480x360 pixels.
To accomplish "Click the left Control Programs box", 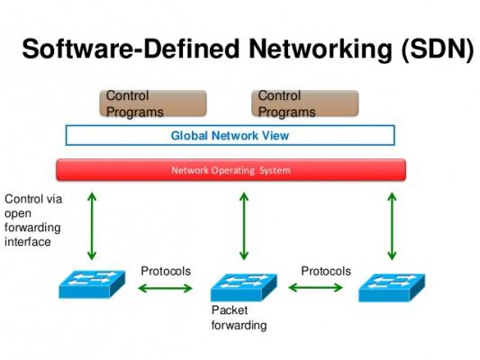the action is (x=153, y=103).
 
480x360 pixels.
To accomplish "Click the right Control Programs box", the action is (x=305, y=103).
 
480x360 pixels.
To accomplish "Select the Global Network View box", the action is (x=231, y=135).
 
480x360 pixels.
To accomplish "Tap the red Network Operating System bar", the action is (x=231, y=170).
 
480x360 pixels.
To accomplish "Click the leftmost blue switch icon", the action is (x=92, y=283).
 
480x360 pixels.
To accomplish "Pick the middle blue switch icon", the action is (x=244, y=287).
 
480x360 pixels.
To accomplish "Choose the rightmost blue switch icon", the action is (x=392, y=287).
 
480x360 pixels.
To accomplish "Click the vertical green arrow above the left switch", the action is (x=92, y=226).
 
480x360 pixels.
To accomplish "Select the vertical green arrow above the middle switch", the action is (x=244, y=226).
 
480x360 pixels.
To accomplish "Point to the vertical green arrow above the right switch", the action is (x=392, y=226).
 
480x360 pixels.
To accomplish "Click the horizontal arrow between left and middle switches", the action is (x=165, y=288).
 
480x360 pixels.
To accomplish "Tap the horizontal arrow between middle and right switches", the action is (x=315, y=287).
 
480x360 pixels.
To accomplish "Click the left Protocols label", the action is (x=166, y=271).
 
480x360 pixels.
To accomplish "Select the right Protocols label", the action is (x=326, y=271).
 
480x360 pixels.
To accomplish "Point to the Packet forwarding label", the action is (x=239, y=318).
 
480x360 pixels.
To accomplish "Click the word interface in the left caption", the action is (x=28, y=242).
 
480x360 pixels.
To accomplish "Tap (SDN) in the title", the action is (x=438, y=49).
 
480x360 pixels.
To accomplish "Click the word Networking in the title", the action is (x=321, y=49).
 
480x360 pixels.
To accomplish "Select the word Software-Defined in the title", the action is (x=131, y=49).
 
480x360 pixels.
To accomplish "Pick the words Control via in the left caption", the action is (x=33, y=199).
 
